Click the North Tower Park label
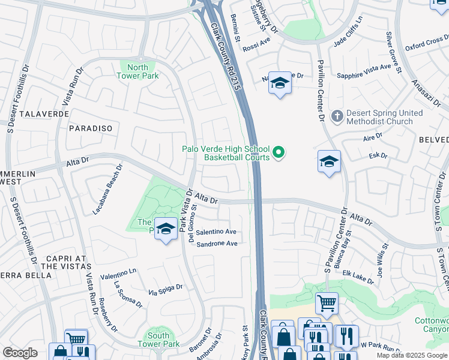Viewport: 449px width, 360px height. pos(137,71)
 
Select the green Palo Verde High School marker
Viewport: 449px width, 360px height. pos(279,154)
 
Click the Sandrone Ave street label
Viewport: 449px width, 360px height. pos(217,244)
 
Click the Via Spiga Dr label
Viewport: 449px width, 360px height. pos(165,290)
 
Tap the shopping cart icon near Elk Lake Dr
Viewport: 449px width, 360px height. pos(327,303)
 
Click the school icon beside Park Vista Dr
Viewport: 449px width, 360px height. pos(166,229)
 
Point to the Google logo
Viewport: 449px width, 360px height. pos(20,353)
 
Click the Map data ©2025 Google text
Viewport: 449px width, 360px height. pos(412,355)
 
